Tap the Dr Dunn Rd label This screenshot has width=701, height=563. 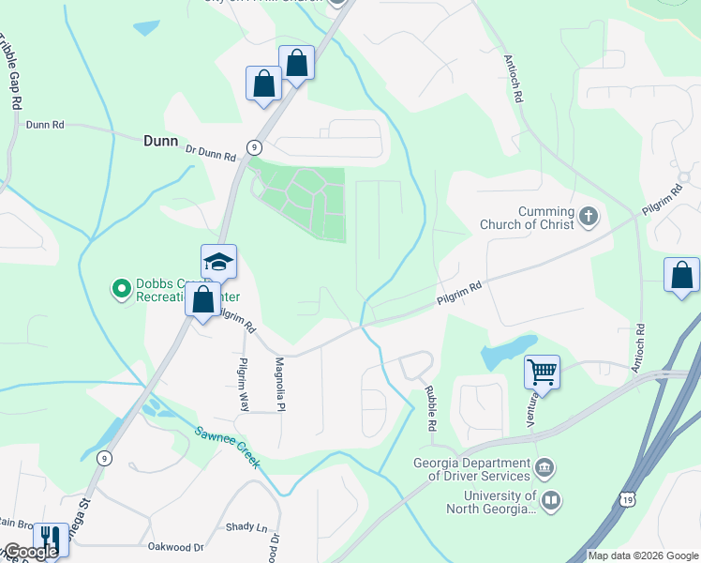[x=211, y=151]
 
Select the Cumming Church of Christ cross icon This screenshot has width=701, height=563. [x=588, y=218]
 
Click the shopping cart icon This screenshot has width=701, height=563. [x=542, y=372]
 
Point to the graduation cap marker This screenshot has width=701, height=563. [x=218, y=262]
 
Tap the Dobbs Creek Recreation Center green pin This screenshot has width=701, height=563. [x=120, y=289]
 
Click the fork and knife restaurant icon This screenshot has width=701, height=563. [x=50, y=539]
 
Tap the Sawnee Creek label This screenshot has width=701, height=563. [x=225, y=449]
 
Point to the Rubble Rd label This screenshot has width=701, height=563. [x=430, y=409]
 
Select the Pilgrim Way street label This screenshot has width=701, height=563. [x=244, y=385]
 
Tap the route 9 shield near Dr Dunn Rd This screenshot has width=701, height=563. [x=254, y=146]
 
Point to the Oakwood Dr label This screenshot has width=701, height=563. [x=175, y=546]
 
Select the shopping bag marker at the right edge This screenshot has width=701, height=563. [x=681, y=276]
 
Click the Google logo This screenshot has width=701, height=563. [x=31, y=552]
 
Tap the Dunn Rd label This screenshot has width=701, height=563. [x=45, y=124]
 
